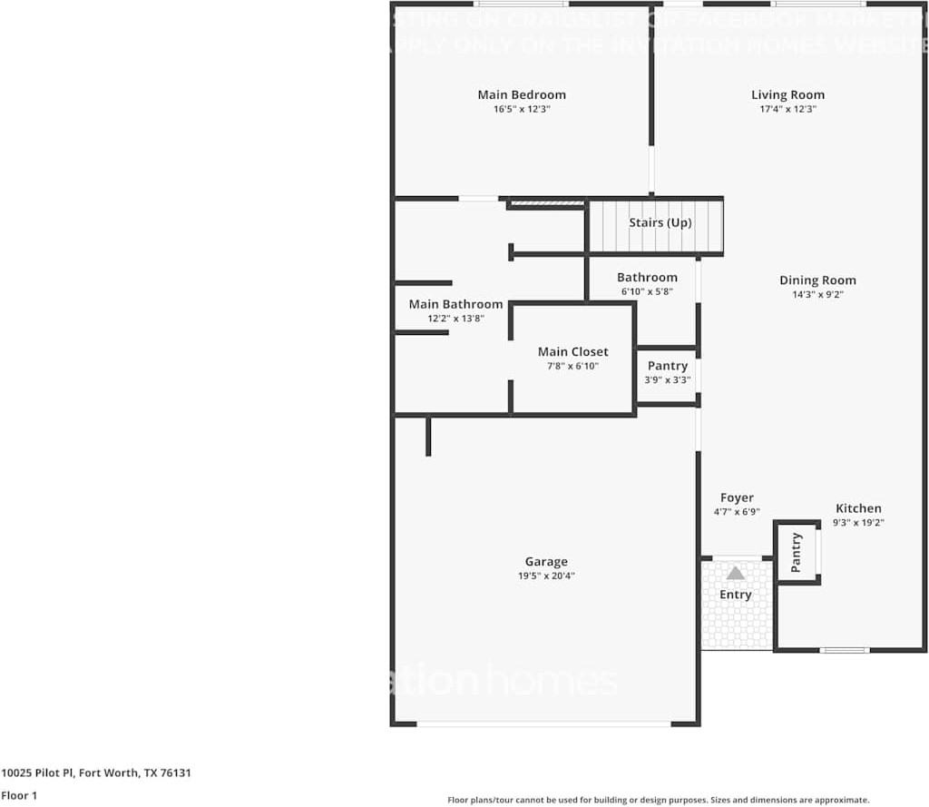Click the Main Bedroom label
[x=522, y=94]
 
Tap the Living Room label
[x=787, y=94]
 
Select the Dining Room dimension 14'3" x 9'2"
[x=817, y=294]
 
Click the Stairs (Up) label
[x=660, y=222]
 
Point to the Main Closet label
[x=572, y=351]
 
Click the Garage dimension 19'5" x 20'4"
[x=546, y=576]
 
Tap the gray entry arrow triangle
[x=736, y=573]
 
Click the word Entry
[x=736, y=595]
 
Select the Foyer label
[x=737, y=497]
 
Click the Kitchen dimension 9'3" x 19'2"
[x=858, y=522]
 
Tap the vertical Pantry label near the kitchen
[x=797, y=552]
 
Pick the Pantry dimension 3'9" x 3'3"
[x=667, y=379]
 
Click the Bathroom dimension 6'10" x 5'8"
[x=647, y=291]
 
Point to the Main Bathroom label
[x=455, y=304]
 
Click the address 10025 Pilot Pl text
[x=95, y=773]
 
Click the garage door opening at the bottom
[x=543, y=723]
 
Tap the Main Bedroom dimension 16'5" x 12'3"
[x=522, y=109]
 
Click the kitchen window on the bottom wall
[x=844, y=650]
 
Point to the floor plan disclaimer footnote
[x=658, y=800]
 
